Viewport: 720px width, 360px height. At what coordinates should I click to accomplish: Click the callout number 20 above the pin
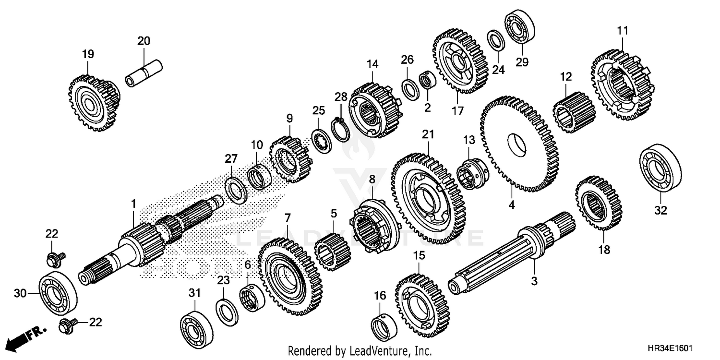pyautogui.click(x=144, y=41)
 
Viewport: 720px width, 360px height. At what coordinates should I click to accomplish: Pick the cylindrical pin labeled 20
pyautogui.click(x=144, y=72)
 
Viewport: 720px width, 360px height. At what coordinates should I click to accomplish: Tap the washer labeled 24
pyautogui.click(x=496, y=41)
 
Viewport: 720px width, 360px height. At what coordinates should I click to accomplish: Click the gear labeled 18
pyautogui.click(x=598, y=204)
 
